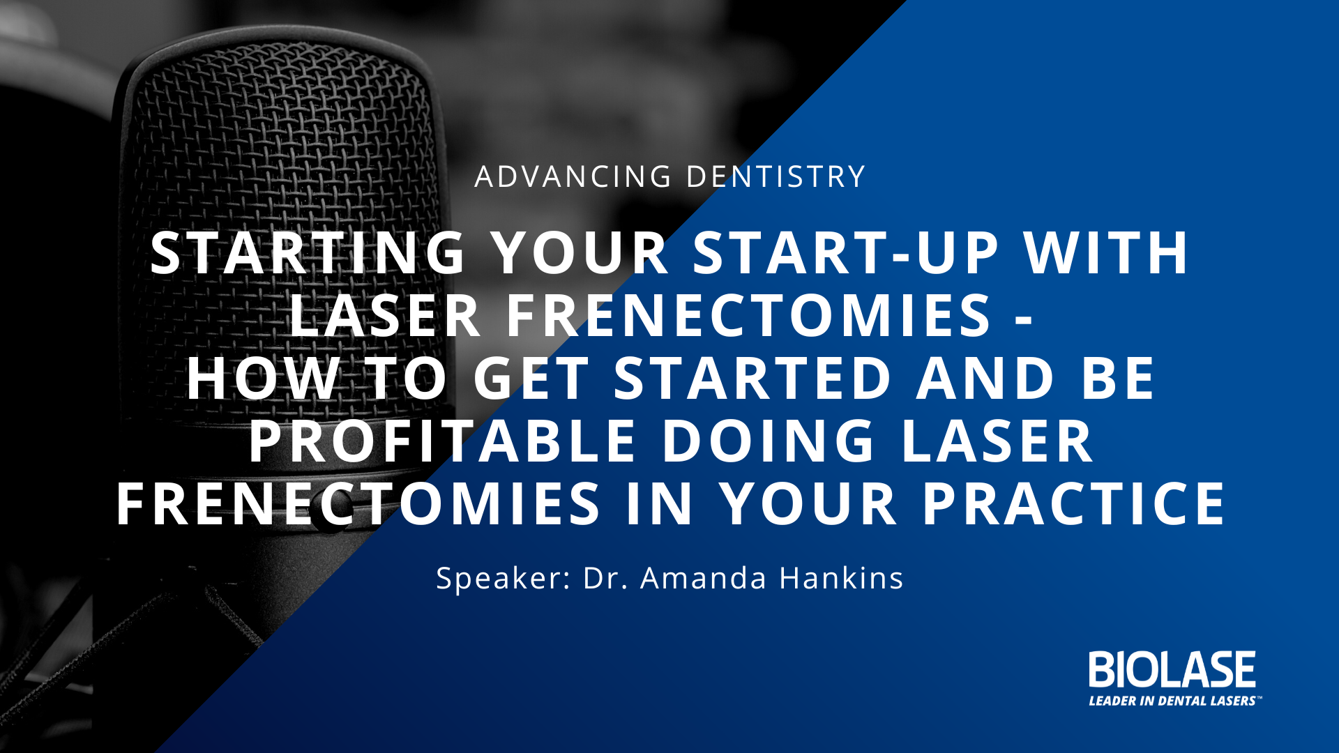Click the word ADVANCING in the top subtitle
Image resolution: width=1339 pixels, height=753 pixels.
[x=573, y=176]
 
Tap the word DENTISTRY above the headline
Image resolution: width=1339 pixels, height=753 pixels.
[x=776, y=176]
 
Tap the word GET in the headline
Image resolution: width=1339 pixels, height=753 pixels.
[x=531, y=378]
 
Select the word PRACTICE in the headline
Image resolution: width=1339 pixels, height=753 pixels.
[x=1074, y=503]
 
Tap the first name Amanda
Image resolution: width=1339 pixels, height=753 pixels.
[x=703, y=578]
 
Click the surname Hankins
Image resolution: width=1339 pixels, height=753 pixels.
[x=841, y=578]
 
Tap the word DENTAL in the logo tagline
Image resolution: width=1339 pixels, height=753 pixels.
[x=1182, y=701]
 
